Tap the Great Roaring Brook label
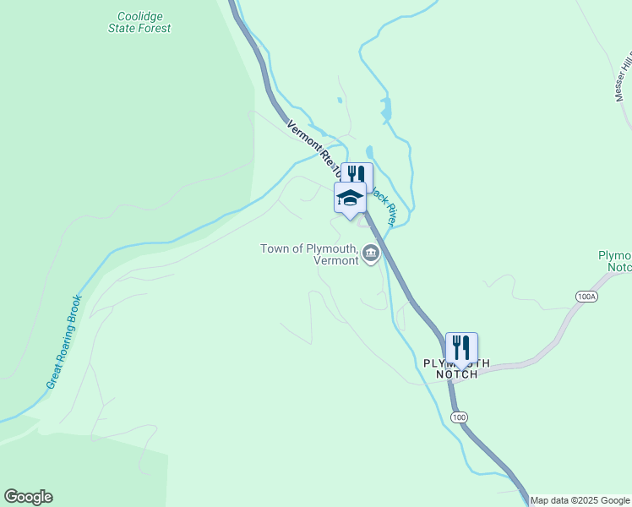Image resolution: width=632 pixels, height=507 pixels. point(64,341)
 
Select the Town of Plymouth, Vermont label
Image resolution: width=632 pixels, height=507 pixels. point(309,254)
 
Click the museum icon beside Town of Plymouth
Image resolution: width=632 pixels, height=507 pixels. point(371,253)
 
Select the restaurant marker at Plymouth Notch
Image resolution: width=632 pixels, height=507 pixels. point(461,347)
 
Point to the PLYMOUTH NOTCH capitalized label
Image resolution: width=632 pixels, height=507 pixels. point(456,368)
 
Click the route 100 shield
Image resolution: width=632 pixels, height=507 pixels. point(458,417)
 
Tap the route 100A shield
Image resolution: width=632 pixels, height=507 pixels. point(586,297)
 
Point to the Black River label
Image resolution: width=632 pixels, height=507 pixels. point(384,205)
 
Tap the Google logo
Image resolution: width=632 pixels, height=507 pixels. point(28,497)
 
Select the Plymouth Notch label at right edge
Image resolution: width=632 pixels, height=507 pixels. point(614,261)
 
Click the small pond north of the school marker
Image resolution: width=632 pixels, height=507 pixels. point(386,109)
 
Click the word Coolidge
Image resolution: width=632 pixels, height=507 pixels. point(139,16)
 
